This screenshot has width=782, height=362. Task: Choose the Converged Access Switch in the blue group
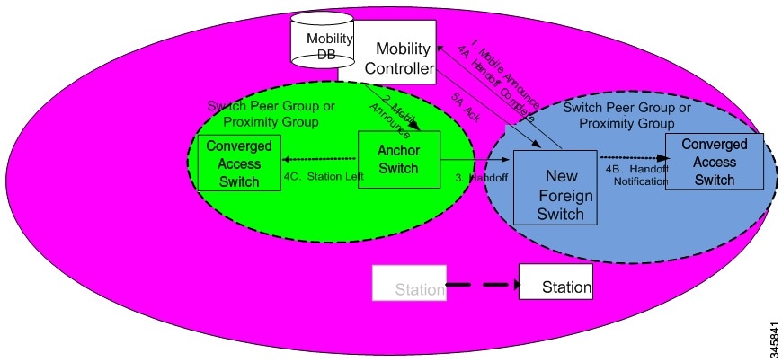pyautogui.click(x=715, y=162)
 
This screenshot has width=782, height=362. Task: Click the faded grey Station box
pyautogui.click(x=410, y=283)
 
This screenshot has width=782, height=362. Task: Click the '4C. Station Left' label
pyautogui.click(x=323, y=176)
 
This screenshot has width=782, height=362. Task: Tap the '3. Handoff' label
pyautogui.click(x=480, y=176)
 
